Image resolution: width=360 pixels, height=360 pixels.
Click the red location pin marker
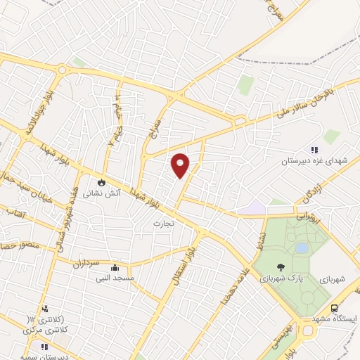click(x=181, y=165)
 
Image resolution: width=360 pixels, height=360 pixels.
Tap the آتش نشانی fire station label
click(x=103, y=191)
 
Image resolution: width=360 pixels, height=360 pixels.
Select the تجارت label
click(x=163, y=223)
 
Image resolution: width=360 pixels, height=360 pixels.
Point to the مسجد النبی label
click(x=115, y=278)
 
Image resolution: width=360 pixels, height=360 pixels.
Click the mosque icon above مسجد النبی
click(x=115, y=268)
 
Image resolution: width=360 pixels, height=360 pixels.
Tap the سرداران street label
click(x=86, y=264)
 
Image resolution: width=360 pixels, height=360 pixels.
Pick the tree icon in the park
click(x=281, y=267)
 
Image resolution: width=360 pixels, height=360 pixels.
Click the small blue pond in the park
click(x=302, y=248)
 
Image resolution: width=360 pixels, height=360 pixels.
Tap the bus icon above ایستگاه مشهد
click(x=334, y=308)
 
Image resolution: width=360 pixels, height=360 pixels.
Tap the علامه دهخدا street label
click(x=231, y=288)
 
